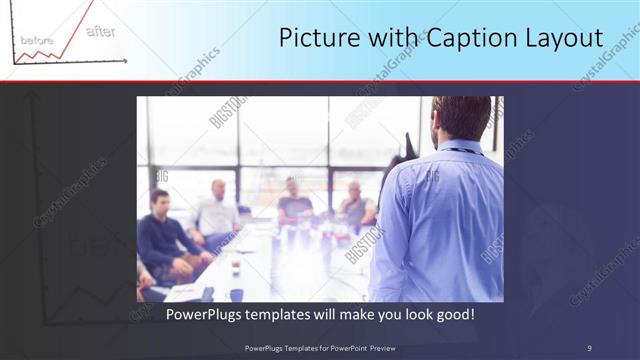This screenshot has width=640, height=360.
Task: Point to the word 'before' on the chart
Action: click(x=37, y=40)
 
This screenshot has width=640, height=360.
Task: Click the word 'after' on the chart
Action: click(x=100, y=32)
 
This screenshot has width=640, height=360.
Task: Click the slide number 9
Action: click(x=589, y=348)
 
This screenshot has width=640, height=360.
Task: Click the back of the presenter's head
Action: click(x=463, y=118)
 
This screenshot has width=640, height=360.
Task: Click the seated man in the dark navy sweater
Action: click(x=163, y=235)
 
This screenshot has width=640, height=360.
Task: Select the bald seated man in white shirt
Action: click(x=217, y=210)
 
